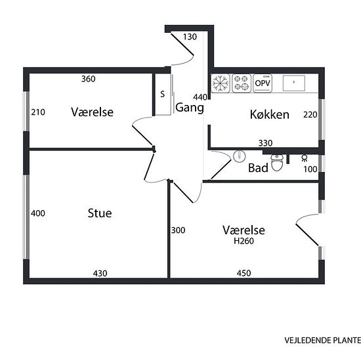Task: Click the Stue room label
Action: coord(100,213)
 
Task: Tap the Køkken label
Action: coord(270,114)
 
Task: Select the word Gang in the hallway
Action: coord(190,108)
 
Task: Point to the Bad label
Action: coord(258,168)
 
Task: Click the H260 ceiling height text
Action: coord(244,241)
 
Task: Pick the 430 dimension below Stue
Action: coord(100,273)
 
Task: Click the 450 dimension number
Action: coord(244,273)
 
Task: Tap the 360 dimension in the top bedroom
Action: coord(89,79)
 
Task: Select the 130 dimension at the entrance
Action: coord(190,37)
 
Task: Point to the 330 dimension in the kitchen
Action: coord(265,143)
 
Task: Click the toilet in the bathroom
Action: coord(277,163)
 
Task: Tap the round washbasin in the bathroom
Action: coord(240,156)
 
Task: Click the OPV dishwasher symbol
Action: coord(263,83)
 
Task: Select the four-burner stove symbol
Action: coord(242,83)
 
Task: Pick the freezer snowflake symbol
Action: coord(221,83)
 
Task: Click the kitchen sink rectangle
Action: coord(294,83)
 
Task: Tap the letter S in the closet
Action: coord(163,94)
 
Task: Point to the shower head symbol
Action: coord(305,158)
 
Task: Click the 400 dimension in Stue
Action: coord(38,213)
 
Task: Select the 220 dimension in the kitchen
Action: coord(310,115)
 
